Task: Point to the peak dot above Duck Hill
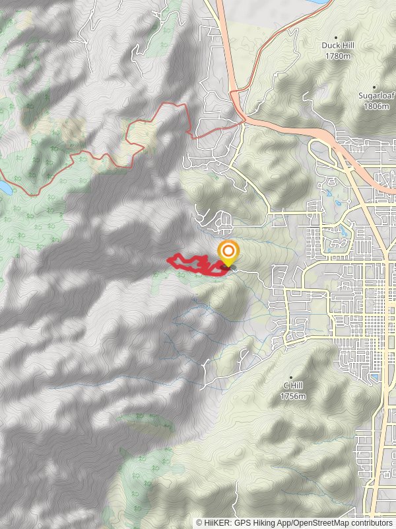pos(336,38)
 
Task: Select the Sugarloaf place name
pos(376,96)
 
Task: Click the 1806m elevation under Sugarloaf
pos(376,106)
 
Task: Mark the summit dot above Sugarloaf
pos(374,87)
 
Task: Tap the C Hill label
pos(293,386)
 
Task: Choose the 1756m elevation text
pos(293,396)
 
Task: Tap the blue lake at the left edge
pos(3,188)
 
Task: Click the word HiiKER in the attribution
pos(217,522)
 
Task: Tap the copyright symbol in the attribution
pos(199,522)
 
